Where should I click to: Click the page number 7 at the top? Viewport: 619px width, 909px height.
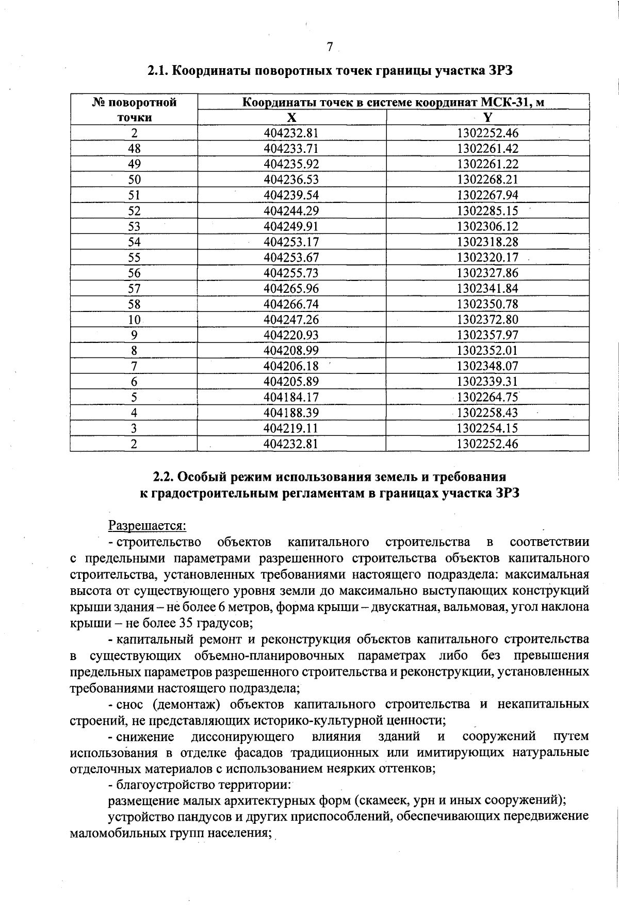[x=330, y=47]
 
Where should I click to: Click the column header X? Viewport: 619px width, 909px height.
[x=292, y=117]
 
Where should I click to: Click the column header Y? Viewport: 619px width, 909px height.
[x=487, y=117]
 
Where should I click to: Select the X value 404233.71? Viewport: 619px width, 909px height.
[x=291, y=149]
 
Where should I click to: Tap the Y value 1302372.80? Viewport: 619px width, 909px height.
[x=487, y=320]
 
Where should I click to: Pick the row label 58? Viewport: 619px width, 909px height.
[x=134, y=304]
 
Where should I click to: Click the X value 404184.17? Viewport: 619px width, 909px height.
[x=291, y=397]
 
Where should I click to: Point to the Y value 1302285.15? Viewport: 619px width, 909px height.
[x=487, y=211]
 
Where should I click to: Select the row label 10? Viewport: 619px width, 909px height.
[x=134, y=320]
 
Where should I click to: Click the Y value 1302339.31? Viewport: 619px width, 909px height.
[x=487, y=382]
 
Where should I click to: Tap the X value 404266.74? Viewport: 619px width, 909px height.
[x=291, y=304]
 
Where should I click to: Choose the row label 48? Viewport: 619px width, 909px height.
[x=134, y=149]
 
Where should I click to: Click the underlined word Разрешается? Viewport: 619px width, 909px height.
[x=146, y=526]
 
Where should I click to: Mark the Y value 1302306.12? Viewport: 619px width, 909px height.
[x=487, y=226]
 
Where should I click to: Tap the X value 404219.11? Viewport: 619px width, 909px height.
[x=291, y=428]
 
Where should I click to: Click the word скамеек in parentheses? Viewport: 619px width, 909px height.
[x=381, y=800]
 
